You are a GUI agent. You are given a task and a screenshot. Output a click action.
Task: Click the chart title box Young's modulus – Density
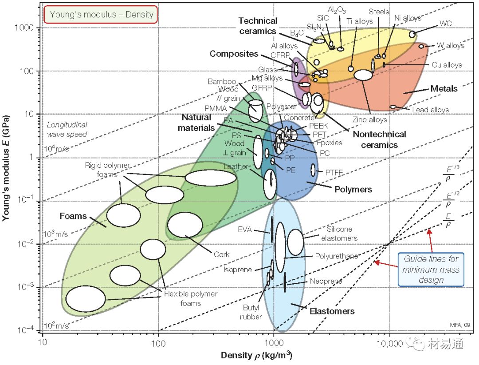101,14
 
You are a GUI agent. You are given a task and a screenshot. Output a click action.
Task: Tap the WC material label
446,23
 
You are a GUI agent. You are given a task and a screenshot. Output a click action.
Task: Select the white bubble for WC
412,34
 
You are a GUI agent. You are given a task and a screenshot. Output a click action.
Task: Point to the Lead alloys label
430,110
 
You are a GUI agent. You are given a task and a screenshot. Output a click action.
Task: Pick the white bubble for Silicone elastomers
295,242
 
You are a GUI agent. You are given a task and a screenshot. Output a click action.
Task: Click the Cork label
221,254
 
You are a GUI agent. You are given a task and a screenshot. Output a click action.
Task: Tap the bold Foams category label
73,216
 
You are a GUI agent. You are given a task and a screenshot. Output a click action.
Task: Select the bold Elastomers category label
332,311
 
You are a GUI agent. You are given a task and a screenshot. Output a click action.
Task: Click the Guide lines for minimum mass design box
431,270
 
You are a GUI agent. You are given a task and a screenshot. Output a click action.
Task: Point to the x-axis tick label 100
158,343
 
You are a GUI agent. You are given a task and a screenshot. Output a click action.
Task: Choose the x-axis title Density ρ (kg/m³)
256,356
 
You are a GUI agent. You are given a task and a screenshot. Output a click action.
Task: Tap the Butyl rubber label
251,312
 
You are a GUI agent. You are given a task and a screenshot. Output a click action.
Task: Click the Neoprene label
326,282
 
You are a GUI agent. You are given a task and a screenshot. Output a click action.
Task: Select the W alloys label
450,45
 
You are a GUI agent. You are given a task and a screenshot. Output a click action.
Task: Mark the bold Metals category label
444,89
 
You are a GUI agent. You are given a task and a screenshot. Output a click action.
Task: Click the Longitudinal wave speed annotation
67,130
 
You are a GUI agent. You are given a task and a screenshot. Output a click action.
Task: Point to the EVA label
244,230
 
